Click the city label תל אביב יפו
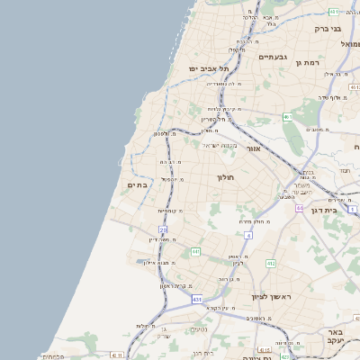click(208, 68)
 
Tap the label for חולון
click(225, 177)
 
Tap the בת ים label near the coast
click(137, 184)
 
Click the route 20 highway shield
click(163, 229)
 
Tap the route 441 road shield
click(195, 252)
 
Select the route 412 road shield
click(270, 263)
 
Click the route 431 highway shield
click(196, 299)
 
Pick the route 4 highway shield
click(247, 235)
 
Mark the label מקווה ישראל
click(220, 146)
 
